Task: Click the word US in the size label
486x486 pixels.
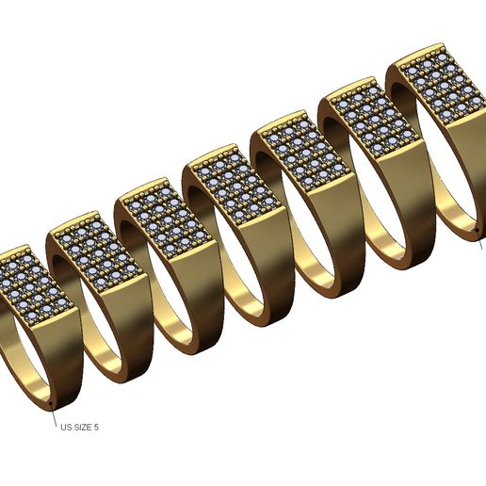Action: coord(65,427)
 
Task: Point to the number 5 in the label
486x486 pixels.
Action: coord(96,427)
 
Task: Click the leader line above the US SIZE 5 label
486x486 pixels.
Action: coord(55,414)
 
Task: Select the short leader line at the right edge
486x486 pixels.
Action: coord(481,240)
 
